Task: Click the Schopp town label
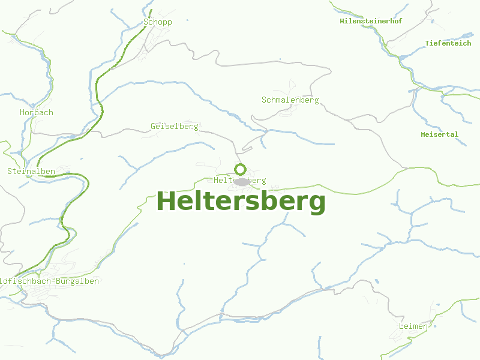158,22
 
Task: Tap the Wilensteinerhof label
371,21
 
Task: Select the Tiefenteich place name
448,43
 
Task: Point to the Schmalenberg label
290,100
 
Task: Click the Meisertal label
439,134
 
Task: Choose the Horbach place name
36,112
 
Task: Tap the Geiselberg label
175,127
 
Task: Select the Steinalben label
31,171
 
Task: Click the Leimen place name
413,326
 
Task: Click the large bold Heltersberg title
241,202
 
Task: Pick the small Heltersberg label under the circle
240,181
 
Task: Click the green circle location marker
240,169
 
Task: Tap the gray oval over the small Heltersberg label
241,181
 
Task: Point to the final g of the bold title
318,204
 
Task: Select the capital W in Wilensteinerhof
342,21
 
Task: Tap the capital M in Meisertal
424,134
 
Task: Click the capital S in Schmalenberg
264,100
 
